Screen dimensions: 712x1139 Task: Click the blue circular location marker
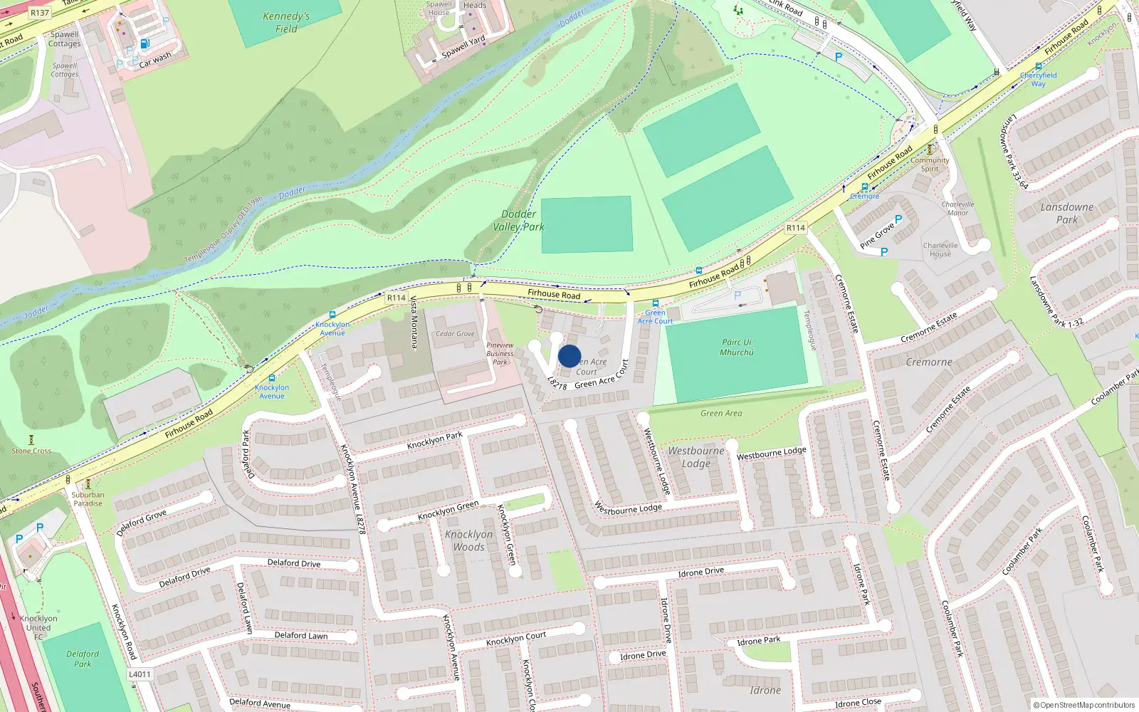click(569, 356)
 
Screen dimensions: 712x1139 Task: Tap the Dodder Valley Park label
click(519, 220)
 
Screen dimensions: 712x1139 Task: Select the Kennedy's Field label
click(286, 22)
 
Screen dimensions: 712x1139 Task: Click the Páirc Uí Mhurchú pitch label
click(737, 347)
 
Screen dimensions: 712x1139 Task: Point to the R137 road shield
click(40, 13)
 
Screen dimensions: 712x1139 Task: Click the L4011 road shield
click(140, 674)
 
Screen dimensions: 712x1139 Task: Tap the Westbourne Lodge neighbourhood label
click(696, 457)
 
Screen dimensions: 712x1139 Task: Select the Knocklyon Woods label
click(468, 540)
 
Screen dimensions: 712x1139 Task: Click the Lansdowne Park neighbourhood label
click(1066, 213)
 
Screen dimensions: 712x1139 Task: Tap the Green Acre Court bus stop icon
click(655, 303)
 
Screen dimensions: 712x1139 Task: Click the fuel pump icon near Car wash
click(145, 43)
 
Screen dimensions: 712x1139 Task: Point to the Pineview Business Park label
click(500, 353)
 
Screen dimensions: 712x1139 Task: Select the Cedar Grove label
click(455, 333)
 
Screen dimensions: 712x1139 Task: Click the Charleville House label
click(940, 249)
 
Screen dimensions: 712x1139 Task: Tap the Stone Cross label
click(31, 451)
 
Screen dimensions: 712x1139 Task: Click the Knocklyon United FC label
click(38, 627)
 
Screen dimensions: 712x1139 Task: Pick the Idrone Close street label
click(858, 703)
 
